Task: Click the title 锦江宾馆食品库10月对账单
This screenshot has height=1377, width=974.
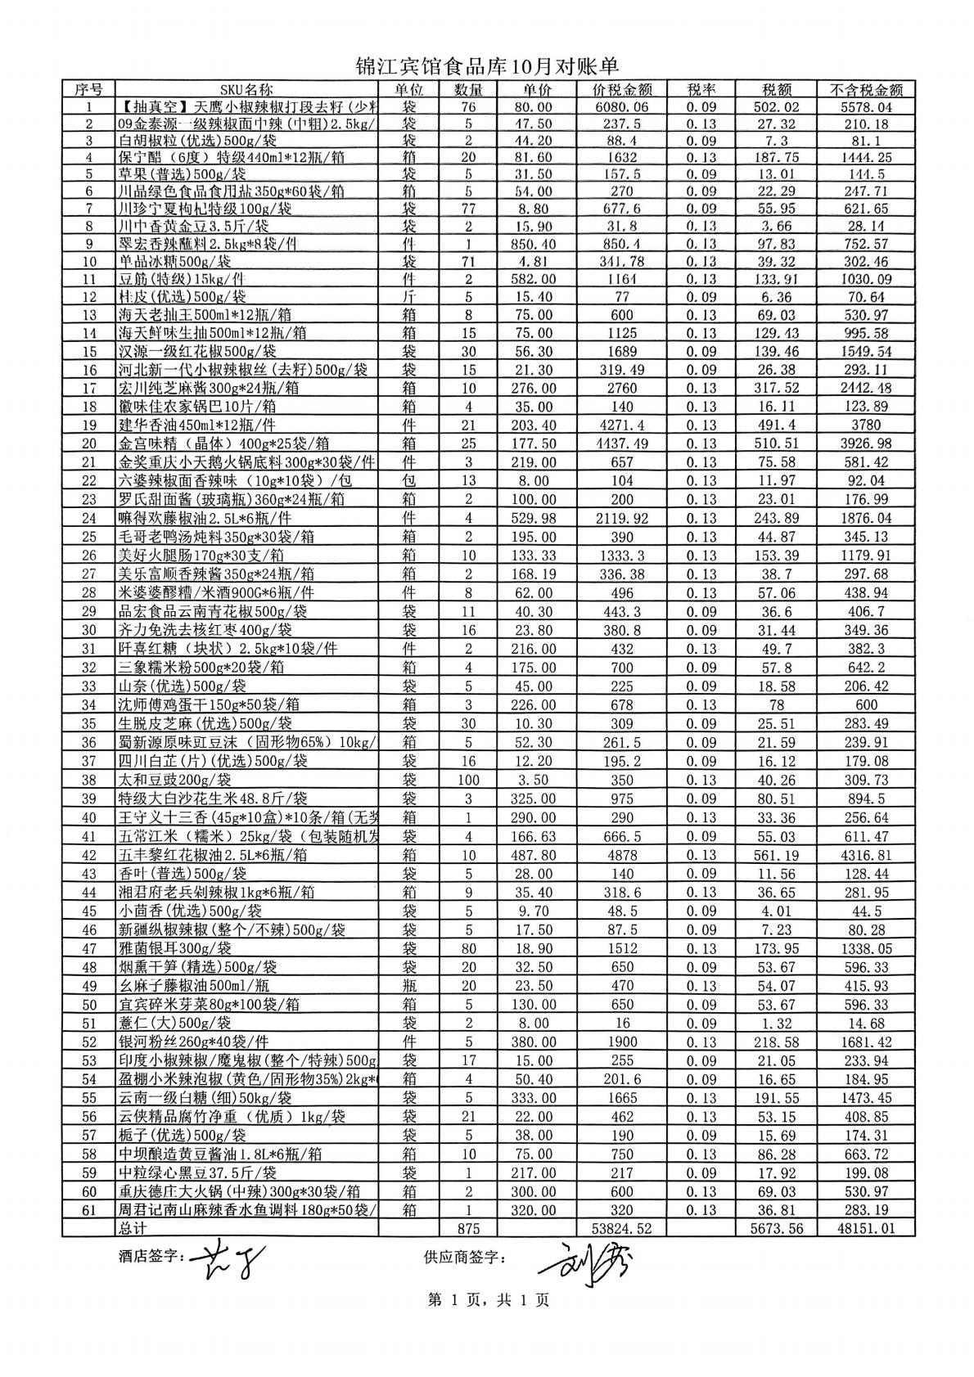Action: pyautogui.click(x=487, y=66)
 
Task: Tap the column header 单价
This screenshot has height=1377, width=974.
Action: pyautogui.click(x=536, y=89)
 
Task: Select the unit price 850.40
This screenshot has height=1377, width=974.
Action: pyautogui.click(x=536, y=244)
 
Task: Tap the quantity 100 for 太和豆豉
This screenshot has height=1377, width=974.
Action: pyautogui.click(x=468, y=780)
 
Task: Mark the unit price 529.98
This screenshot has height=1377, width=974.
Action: pyautogui.click(x=536, y=518)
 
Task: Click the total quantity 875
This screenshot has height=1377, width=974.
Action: pyautogui.click(x=468, y=1228)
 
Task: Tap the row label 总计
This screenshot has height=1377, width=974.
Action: pyautogui.click(x=133, y=1228)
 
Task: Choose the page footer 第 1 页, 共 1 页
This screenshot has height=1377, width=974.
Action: pyautogui.click(x=489, y=1300)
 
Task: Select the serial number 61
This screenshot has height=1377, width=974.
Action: pyautogui.click(x=89, y=1209)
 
